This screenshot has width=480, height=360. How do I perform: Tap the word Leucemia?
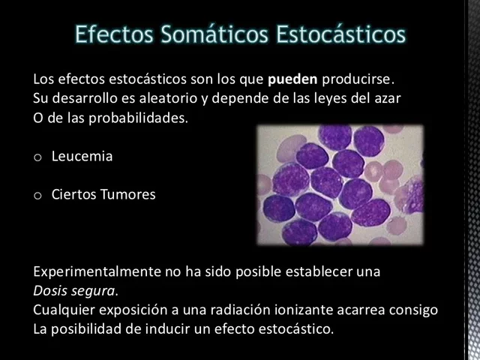[x=82, y=157]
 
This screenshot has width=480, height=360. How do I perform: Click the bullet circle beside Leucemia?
[x=37, y=157]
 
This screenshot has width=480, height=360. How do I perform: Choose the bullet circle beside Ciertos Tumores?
[x=37, y=196]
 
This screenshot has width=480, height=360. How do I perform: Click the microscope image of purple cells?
[x=340, y=184]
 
